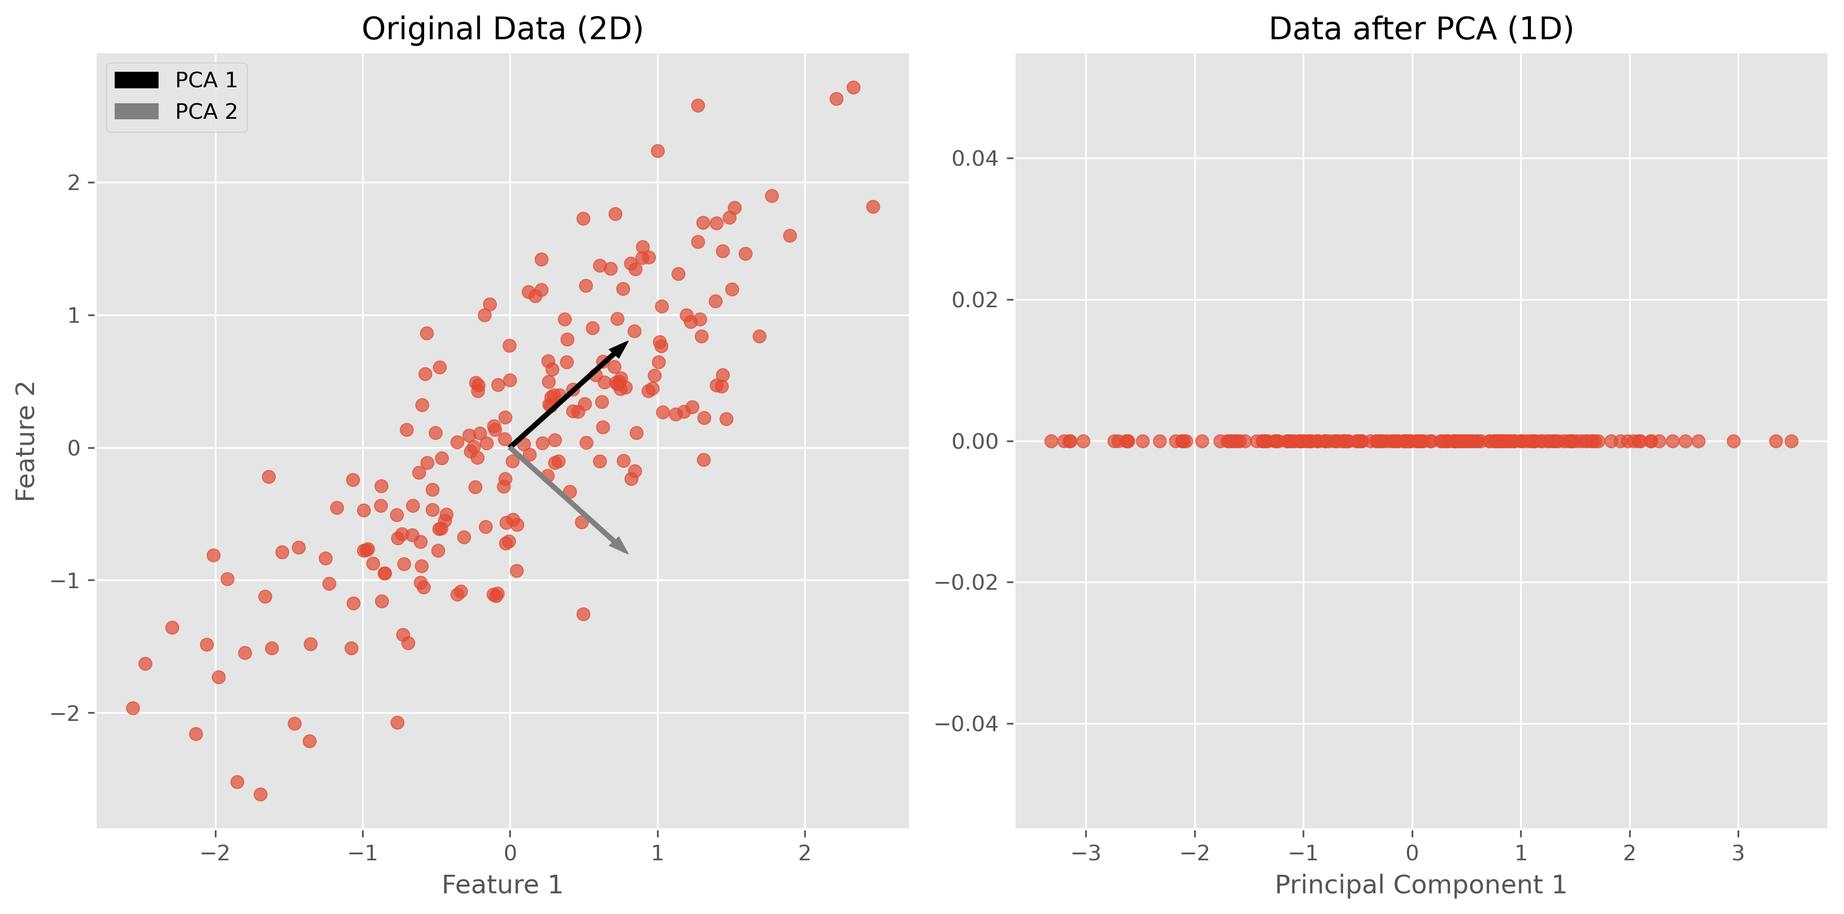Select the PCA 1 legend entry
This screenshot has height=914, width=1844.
pyautogui.click(x=176, y=80)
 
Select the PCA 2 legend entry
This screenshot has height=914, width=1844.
pyautogui.click(x=176, y=112)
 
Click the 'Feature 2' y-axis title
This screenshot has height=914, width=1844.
pyautogui.click(x=26, y=441)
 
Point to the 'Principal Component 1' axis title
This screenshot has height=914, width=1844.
pyautogui.click(x=1420, y=885)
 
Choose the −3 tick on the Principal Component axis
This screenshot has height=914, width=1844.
pyautogui.click(x=1085, y=853)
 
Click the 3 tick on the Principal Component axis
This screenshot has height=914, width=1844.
pyautogui.click(x=1738, y=853)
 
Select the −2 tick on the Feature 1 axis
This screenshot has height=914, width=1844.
pyautogui.click(x=215, y=853)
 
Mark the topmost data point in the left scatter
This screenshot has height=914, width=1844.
pyautogui.click(x=853, y=87)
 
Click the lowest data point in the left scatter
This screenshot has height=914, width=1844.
pyautogui.click(x=260, y=795)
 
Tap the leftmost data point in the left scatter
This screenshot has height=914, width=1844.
pyautogui.click(x=132, y=708)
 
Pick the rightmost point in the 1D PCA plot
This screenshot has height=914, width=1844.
pyautogui.click(x=1791, y=441)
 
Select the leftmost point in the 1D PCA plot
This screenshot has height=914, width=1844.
pyautogui.click(x=1051, y=441)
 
